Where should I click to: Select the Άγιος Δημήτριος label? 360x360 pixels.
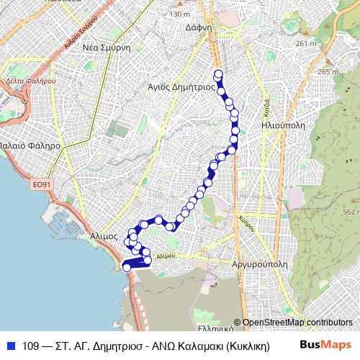tap(181, 85)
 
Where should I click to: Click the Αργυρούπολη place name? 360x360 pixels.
tap(260, 264)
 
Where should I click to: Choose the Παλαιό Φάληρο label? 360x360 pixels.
tap(30, 145)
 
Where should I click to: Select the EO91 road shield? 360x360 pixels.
tap(42, 185)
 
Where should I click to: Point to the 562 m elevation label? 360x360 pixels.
tap(350, 212)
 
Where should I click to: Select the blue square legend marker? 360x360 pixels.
tap(10, 346)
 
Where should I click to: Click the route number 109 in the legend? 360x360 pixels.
tap(32, 346)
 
